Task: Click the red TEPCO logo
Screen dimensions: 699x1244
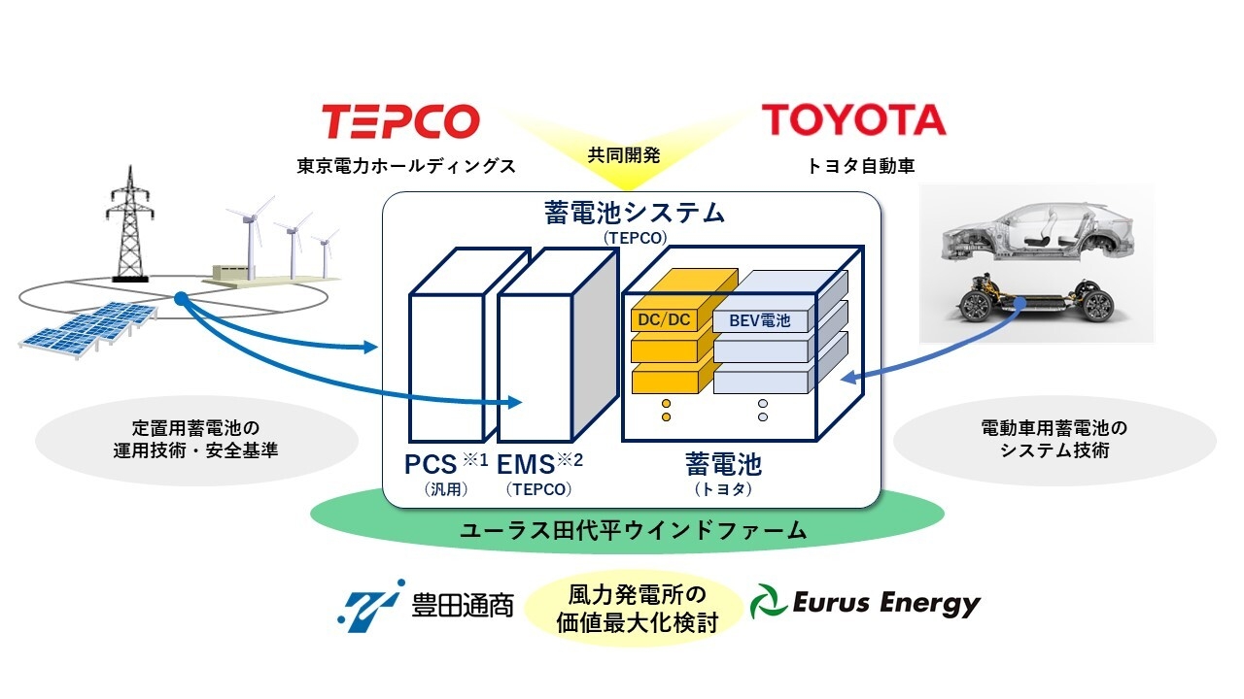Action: coord(400,122)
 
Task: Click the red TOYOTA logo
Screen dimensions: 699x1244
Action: coord(853,120)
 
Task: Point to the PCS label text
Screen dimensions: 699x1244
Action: coord(431,464)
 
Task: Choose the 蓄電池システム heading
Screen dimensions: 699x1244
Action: coord(633,213)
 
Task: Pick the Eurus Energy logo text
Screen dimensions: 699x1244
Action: coord(884,604)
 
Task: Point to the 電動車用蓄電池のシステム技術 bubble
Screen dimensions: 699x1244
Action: coord(1054,440)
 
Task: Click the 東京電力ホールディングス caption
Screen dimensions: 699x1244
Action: coord(405,166)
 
